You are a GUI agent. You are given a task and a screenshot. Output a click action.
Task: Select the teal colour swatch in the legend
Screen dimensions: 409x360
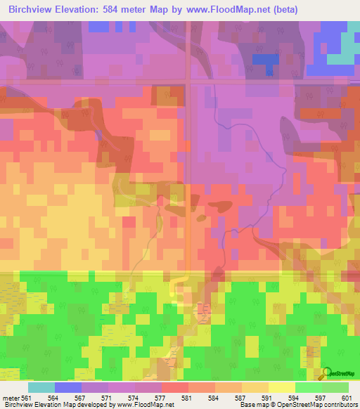(x=41, y=387)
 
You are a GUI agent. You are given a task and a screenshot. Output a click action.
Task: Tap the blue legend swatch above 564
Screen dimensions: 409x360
(x=68, y=387)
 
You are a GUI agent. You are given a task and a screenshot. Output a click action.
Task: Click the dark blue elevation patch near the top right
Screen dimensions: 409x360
(x=264, y=60)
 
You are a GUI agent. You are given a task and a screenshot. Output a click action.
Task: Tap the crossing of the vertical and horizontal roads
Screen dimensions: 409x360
(x=188, y=82)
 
